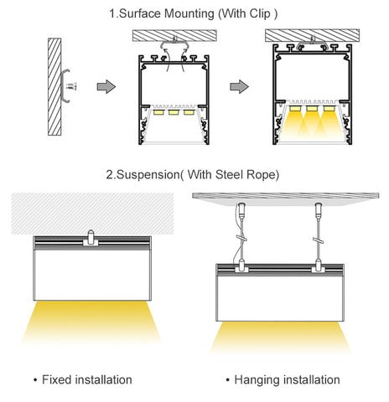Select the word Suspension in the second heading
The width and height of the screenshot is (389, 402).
tap(148, 175)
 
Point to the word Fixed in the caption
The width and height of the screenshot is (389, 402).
tap(56, 379)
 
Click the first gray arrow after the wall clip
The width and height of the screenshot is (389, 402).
tap(106, 86)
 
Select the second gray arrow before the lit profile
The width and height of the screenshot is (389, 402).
tap(239, 86)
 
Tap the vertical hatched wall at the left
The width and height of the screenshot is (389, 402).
tap(54, 87)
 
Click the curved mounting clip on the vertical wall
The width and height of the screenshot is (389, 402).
tap(63, 86)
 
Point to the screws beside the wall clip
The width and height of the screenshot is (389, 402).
tap(72, 86)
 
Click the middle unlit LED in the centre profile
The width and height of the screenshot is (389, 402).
tap(174, 112)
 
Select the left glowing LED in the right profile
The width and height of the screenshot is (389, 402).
tap(295, 108)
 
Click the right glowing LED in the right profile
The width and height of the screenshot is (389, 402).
tap(329, 108)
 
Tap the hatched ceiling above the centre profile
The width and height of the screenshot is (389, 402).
tap(174, 36)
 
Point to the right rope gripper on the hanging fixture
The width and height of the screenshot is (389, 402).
tap(319, 265)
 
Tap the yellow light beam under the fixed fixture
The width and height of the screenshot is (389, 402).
tap(91, 322)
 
